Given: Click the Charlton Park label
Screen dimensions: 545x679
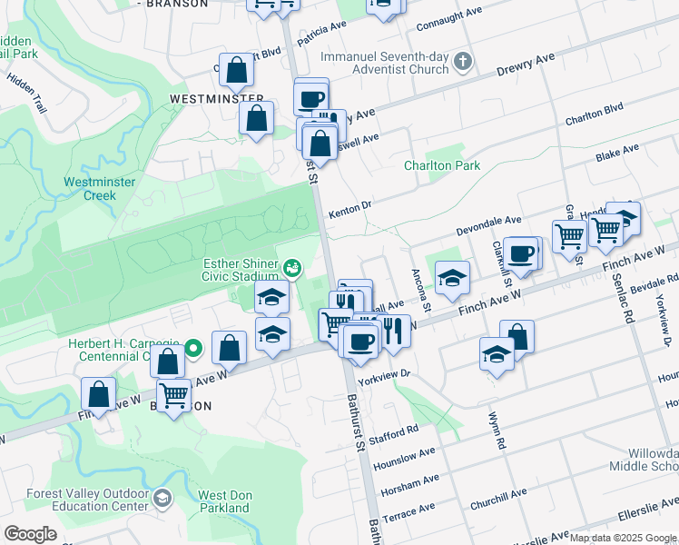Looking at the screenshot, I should (442, 166).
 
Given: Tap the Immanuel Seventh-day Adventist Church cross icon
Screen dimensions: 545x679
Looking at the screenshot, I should (463, 62).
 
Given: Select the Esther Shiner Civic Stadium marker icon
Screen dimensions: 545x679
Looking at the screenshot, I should (292, 267).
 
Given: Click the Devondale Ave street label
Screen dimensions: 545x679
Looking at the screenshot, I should (488, 221).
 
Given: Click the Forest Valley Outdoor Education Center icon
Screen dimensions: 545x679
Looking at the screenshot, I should (162, 498).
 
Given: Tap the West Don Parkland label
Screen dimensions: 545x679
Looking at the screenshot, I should (223, 501).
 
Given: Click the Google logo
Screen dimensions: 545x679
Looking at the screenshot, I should (30, 533).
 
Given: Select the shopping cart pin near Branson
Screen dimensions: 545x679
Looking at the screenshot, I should (173, 394).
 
